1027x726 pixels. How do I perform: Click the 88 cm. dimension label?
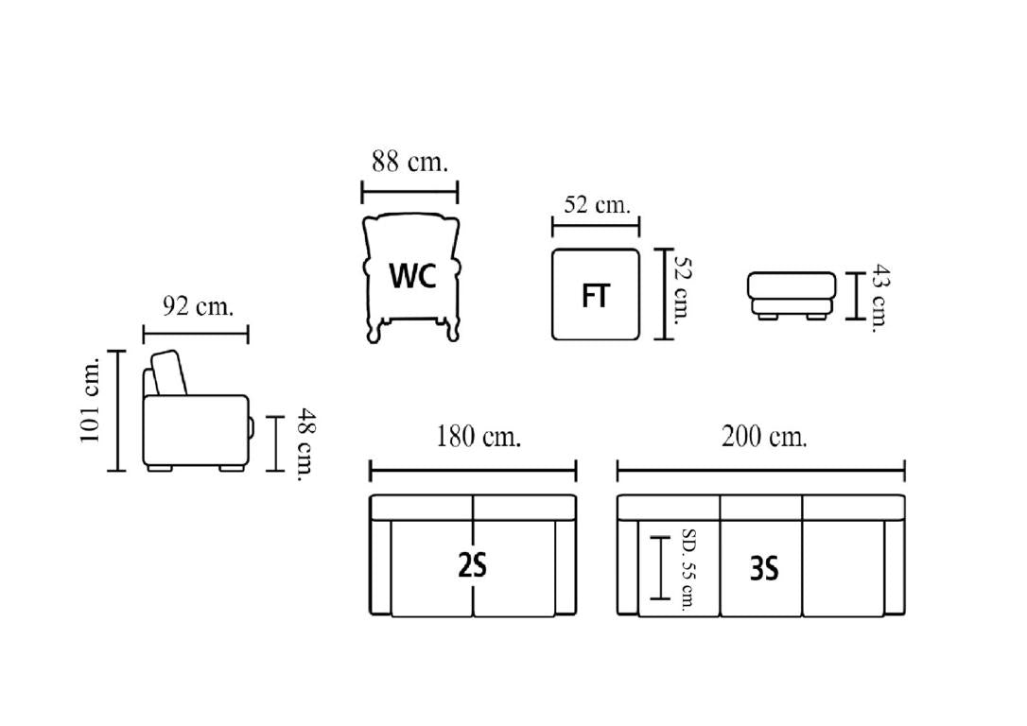410,162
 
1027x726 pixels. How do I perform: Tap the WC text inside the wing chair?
412,276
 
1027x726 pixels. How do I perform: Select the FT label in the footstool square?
596,296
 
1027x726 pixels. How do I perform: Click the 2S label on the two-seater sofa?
472,566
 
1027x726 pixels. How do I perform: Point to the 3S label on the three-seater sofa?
764,568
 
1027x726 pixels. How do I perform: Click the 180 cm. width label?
479,436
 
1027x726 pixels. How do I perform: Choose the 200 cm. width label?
764,436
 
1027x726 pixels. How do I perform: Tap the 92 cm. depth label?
198,305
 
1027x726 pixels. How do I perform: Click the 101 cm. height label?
90,400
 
